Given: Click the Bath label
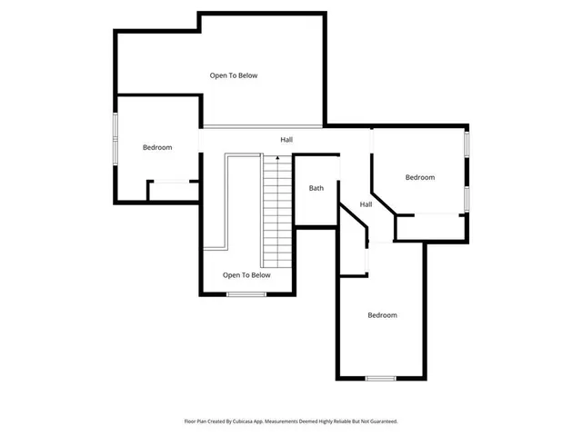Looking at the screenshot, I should pos(316,188).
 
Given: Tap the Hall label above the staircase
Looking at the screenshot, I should pos(286,140).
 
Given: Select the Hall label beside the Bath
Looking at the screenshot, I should pos(366,204).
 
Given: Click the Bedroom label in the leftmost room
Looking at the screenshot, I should pos(157,147).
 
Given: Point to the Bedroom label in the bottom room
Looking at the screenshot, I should pos(382,315).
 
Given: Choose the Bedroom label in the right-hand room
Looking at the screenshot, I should pos(420,177).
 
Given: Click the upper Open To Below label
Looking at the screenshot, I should pos(234,75).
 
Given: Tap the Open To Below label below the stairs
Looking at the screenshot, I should pos(246,274).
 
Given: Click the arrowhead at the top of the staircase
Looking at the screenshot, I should pos(276,159).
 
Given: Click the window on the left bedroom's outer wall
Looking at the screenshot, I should pos(115,138).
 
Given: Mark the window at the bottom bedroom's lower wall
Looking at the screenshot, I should pos(381,378).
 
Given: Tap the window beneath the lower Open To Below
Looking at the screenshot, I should pos(246,294).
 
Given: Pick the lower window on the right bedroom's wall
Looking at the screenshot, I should pos(467,197).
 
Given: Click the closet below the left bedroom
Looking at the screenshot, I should pos(173,191).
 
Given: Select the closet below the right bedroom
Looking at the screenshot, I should pos(432,227).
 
